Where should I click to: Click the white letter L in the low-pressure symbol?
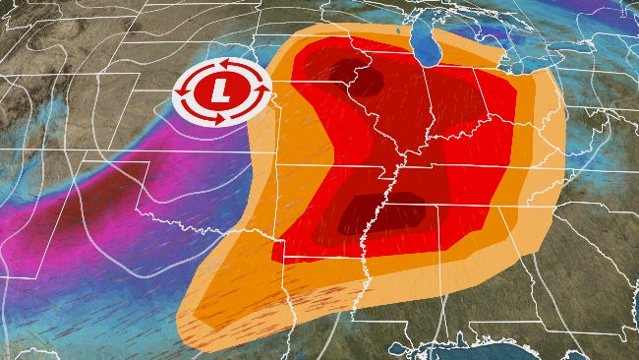220,93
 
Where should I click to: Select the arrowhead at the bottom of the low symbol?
220,121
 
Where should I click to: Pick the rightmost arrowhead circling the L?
261,93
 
